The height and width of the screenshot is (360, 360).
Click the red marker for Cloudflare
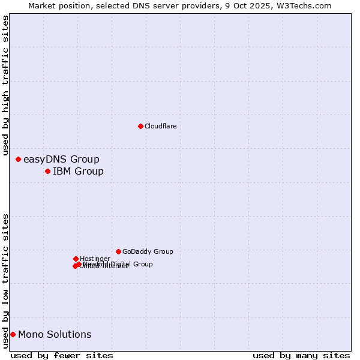140,126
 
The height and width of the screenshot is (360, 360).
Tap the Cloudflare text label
160,126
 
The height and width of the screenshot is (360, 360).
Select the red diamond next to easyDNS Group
18,159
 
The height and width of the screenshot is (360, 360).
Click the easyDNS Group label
61,160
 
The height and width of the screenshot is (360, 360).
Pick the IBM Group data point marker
47,172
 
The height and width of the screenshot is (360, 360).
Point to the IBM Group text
78,172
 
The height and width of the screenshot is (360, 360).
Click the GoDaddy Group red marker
118,251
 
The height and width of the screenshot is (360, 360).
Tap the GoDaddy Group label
148,252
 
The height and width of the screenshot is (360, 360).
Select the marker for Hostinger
76,259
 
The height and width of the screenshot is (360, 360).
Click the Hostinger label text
95,259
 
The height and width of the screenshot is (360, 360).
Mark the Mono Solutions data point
13,334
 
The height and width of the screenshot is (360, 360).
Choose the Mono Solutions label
55,335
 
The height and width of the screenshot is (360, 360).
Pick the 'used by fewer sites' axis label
62,356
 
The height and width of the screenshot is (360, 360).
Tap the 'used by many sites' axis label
301,356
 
